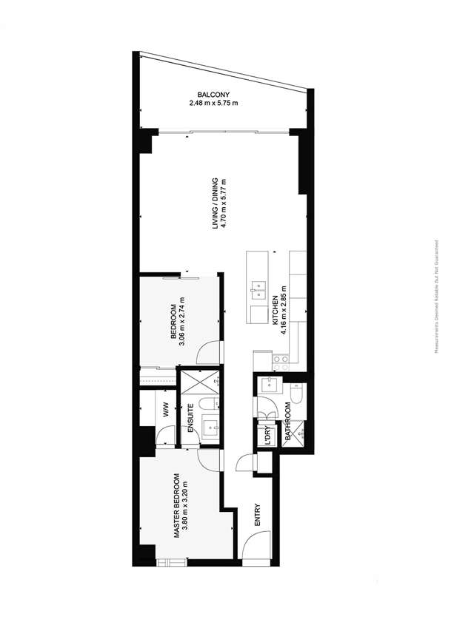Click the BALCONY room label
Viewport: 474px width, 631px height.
click(x=213, y=94)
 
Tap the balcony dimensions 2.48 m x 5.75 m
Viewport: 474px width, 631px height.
click(x=213, y=103)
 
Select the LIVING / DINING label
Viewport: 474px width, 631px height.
click(x=216, y=203)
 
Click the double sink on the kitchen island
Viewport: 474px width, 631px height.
click(x=259, y=288)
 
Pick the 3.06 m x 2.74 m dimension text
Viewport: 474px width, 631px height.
click(x=182, y=320)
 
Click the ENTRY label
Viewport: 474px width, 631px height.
click(x=258, y=516)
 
